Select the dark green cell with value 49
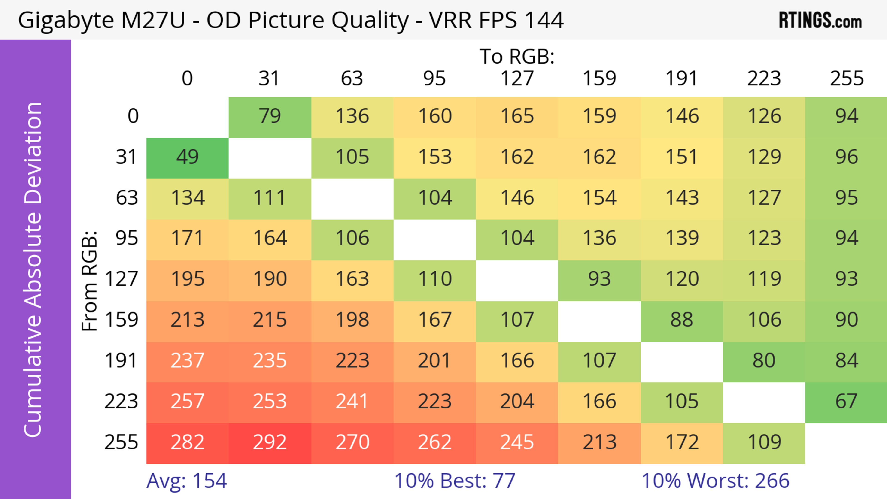pyautogui.click(x=187, y=158)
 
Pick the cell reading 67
pyautogui.click(x=846, y=402)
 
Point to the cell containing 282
pyautogui.click(x=187, y=443)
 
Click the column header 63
pyautogui.click(x=352, y=79)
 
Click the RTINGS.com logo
pyautogui.click(x=820, y=20)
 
